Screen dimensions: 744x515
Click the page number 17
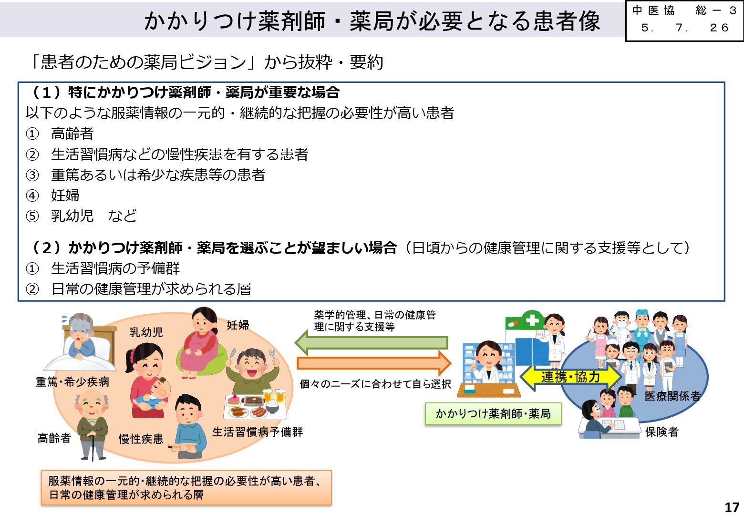[732, 507]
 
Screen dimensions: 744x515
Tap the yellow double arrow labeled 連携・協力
[570, 377]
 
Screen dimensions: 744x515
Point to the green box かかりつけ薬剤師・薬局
[493, 413]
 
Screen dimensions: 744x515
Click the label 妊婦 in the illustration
[238, 325]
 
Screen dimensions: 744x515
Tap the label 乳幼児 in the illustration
[146, 332]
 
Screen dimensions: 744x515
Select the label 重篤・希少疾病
[72, 382]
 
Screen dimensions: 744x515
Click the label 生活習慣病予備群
[258, 432]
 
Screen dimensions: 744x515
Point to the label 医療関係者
[672, 396]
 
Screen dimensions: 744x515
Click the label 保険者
[661, 432]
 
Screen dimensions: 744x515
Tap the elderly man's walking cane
[93, 446]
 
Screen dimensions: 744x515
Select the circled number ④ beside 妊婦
[32, 196]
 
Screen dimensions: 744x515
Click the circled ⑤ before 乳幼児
[32, 216]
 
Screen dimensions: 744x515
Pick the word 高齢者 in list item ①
[72, 134]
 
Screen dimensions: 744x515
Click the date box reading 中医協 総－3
[684, 20]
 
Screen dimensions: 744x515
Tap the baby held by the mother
[155, 393]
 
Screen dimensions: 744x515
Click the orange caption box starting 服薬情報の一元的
[186, 488]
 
